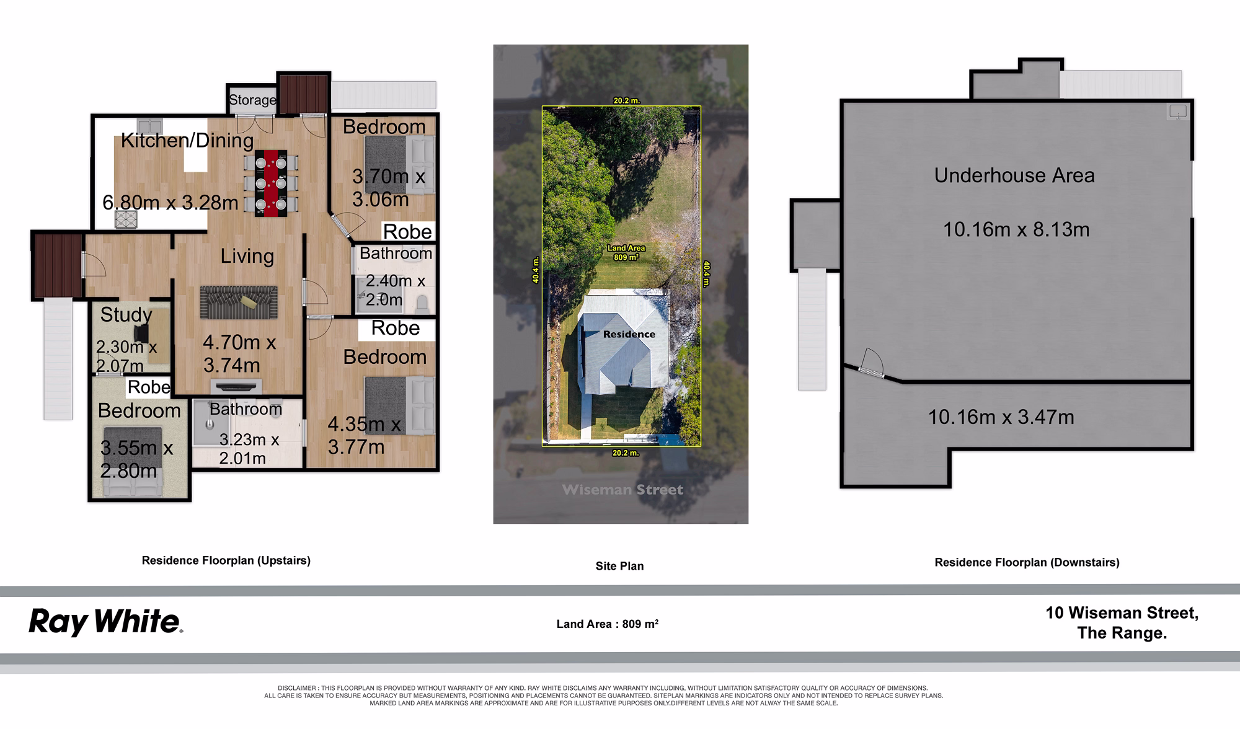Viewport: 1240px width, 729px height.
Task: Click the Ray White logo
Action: click(105, 622)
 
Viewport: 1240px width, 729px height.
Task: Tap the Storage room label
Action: click(252, 100)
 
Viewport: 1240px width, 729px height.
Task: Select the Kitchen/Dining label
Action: click(187, 141)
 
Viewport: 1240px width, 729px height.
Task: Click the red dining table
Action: click(272, 183)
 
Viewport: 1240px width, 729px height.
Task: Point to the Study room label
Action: click(126, 315)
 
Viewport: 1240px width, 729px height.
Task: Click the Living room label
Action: click(247, 256)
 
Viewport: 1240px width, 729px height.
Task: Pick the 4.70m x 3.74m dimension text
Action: click(239, 354)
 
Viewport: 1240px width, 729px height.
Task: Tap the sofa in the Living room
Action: click(239, 303)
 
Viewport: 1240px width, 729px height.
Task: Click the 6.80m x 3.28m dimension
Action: click(170, 203)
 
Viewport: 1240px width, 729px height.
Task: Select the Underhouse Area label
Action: click(1014, 175)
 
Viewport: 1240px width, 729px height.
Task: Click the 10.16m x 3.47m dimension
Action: click(1001, 417)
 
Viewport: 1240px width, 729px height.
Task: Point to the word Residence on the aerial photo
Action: click(629, 334)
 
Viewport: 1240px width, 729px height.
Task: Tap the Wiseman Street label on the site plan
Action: click(622, 490)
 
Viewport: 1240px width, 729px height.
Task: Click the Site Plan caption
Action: click(619, 566)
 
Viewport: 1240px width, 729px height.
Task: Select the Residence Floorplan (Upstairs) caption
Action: click(226, 560)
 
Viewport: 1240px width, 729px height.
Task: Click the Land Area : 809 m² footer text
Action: click(608, 624)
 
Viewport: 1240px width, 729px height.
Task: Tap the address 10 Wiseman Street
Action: click(1122, 613)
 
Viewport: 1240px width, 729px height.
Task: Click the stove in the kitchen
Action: click(126, 219)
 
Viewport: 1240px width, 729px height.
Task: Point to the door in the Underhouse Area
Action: click(871, 362)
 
